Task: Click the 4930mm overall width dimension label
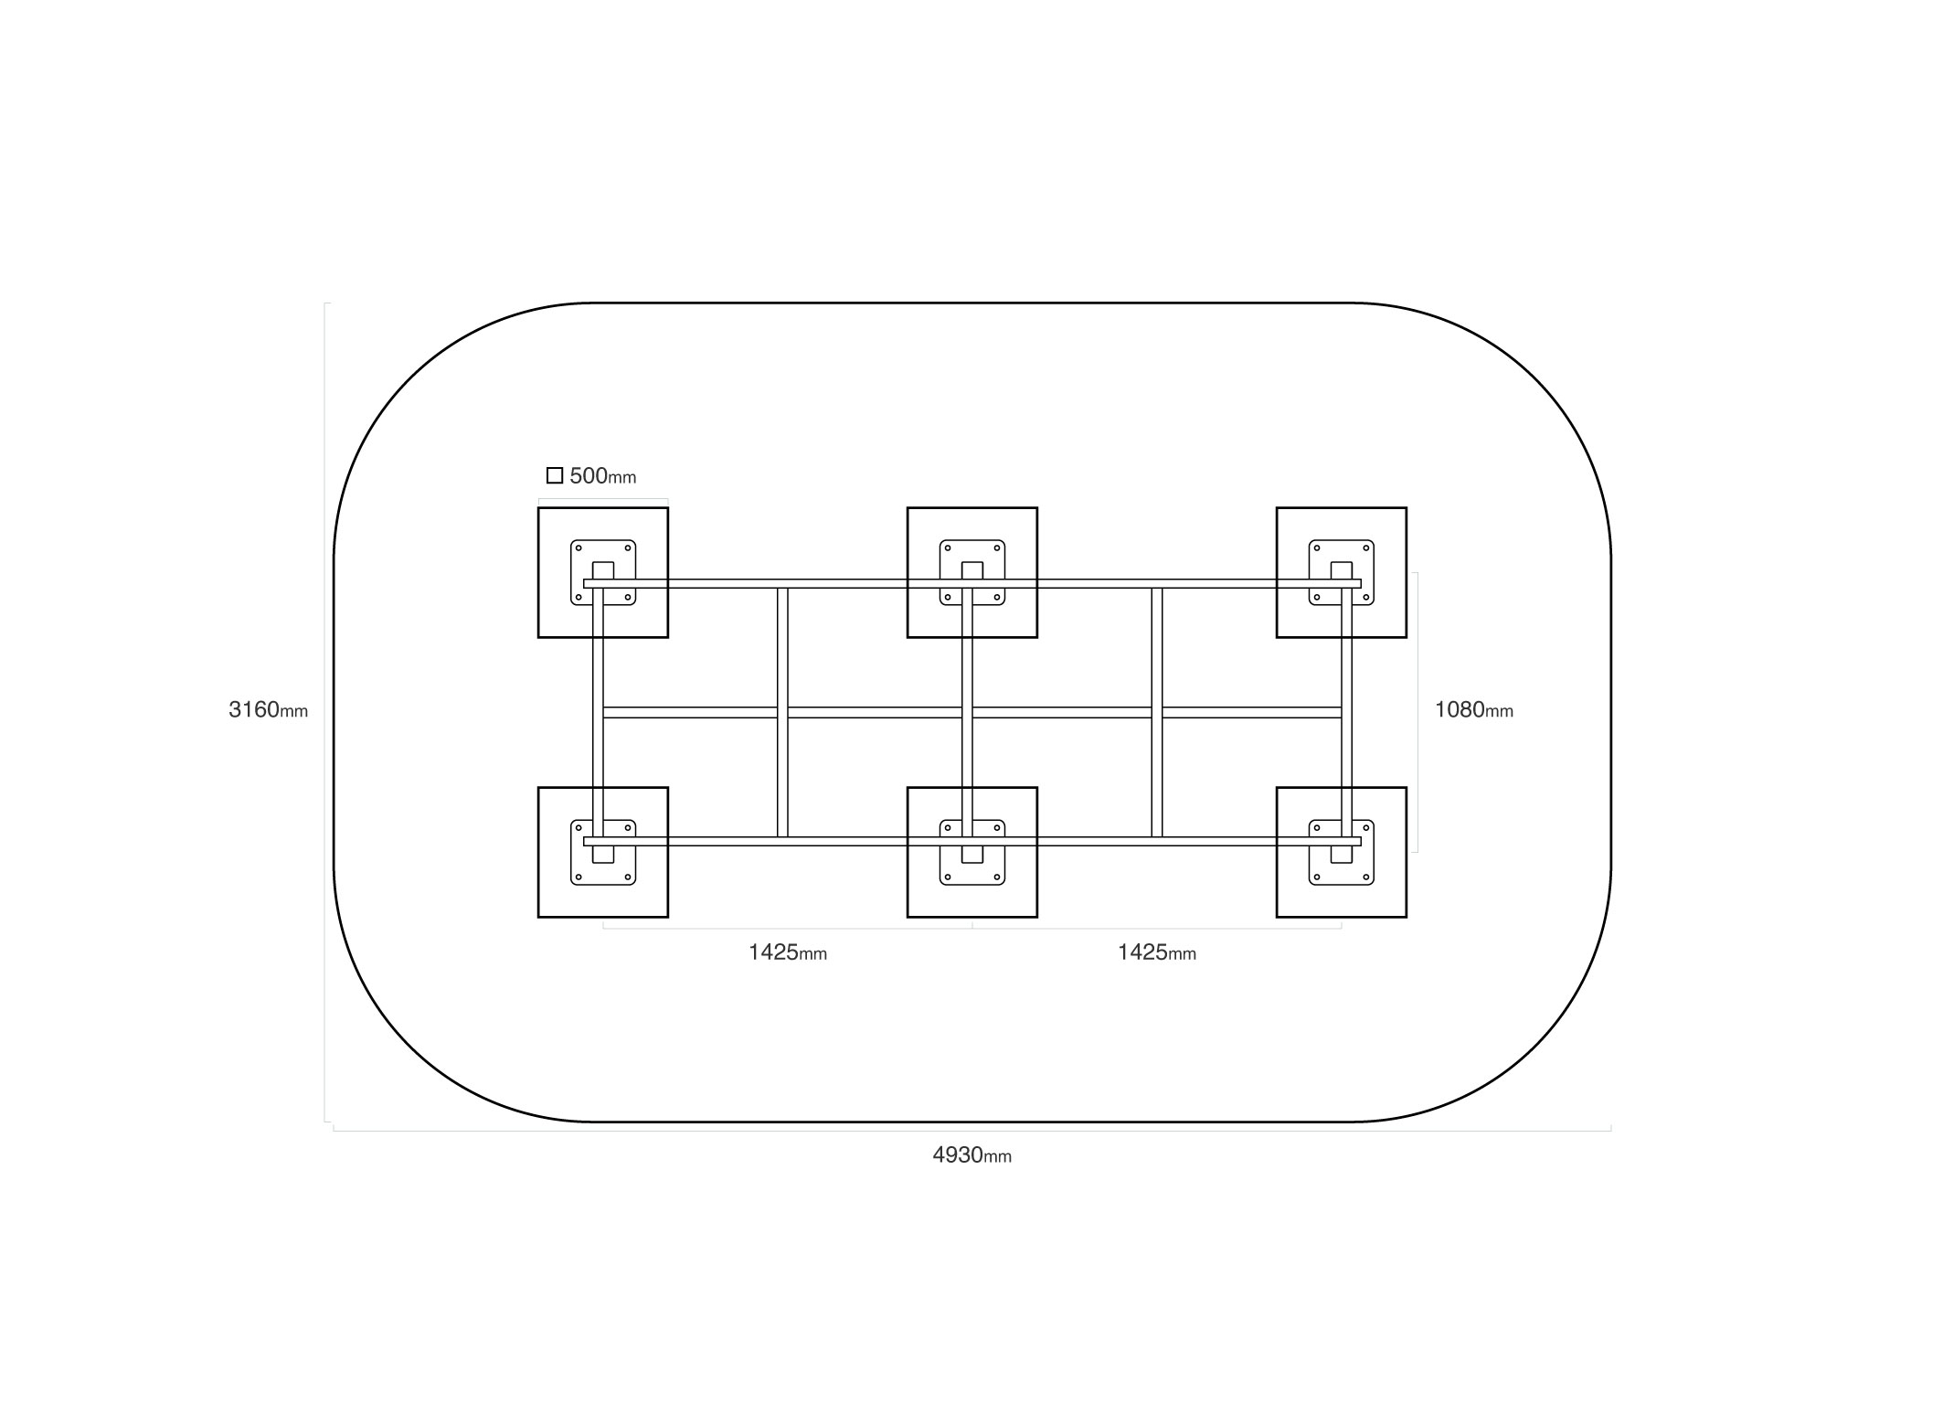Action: click(971, 1155)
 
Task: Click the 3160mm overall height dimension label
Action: click(268, 709)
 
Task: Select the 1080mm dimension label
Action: click(1473, 709)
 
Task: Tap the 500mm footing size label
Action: click(602, 476)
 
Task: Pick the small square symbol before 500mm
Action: click(555, 475)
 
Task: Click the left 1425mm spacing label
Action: click(787, 952)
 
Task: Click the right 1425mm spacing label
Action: click(1156, 952)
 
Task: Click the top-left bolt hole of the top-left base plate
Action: click(579, 548)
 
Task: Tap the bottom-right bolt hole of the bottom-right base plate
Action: click(1366, 877)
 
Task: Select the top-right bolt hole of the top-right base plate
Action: click(1366, 548)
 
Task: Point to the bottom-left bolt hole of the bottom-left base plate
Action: click(579, 877)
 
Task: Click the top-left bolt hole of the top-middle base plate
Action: click(948, 548)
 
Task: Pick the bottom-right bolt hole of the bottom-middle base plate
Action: click(997, 877)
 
